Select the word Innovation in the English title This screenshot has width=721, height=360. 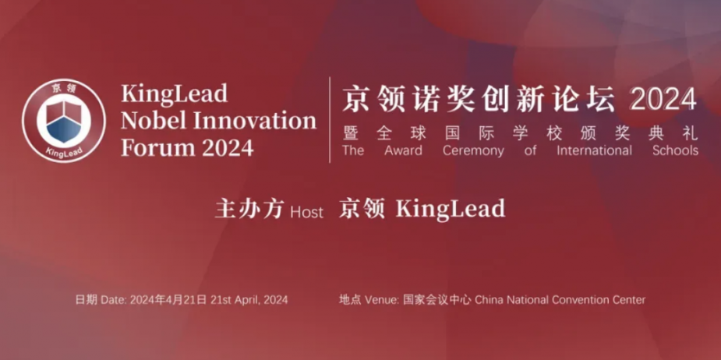(x=255, y=121)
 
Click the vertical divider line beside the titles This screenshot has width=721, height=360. (x=330, y=119)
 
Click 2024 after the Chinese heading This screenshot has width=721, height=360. (x=663, y=100)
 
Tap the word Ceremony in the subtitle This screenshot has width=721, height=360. (x=473, y=151)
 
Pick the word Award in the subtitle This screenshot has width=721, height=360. (x=403, y=151)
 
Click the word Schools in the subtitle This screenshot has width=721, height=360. (x=675, y=151)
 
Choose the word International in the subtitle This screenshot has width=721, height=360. (x=595, y=151)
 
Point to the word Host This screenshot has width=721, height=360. (x=306, y=212)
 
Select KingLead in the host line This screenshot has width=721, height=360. (x=451, y=209)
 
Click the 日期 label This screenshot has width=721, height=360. (x=86, y=300)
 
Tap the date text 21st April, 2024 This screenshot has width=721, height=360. (x=249, y=300)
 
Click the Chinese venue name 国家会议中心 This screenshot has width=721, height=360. (x=437, y=300)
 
